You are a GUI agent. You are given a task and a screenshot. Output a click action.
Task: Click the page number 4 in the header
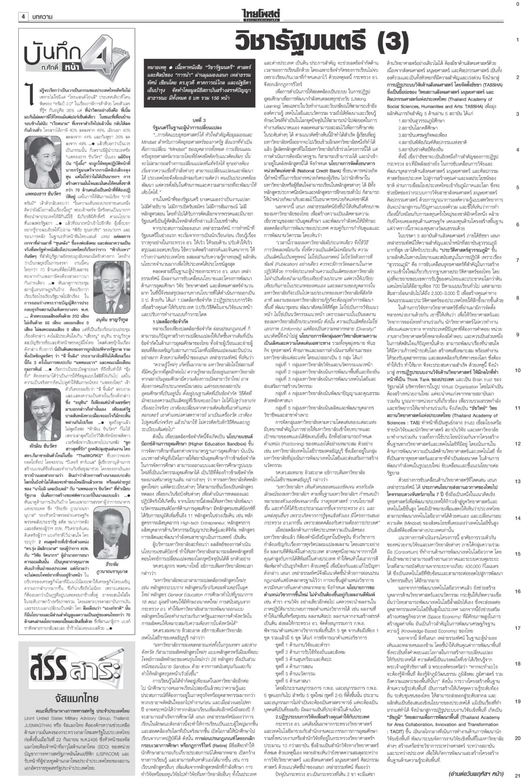[x=23, y=17]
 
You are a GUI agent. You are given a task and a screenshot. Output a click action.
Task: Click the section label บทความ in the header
[x=44, y=17]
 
